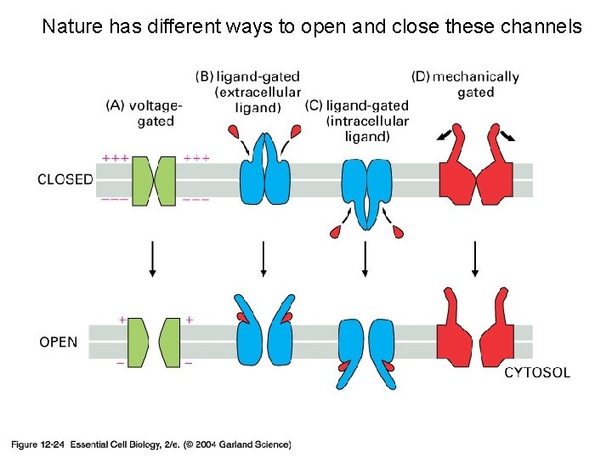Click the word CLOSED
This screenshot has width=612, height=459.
click(65, 179)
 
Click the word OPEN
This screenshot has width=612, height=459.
click(59, 343)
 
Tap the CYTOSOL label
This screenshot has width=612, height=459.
click(537, 372)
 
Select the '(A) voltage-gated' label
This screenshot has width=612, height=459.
click(144, 113)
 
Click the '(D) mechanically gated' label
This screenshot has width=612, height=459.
click(465, 84)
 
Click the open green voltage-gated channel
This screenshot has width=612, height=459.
click(153, 343)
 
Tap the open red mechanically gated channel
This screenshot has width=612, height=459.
click(475, 336)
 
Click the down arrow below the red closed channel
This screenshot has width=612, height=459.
click(475, 258)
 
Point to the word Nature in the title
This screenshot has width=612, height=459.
click(72, 27)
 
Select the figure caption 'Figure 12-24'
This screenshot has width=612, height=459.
click(37, 444)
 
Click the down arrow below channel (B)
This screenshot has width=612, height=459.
click(263, 258)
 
